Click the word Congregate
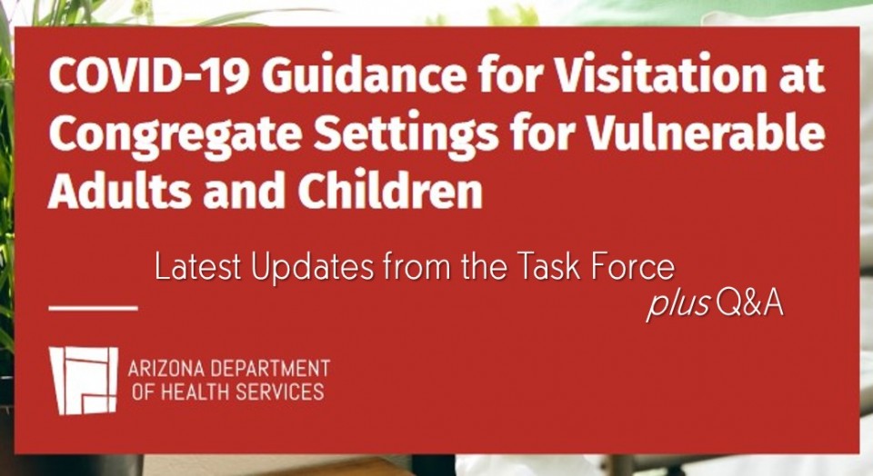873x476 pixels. (x=175, y=135)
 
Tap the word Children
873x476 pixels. (x=390, y=190)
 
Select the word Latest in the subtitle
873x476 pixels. (x=197, y=267)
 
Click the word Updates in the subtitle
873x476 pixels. (x=312, y=269)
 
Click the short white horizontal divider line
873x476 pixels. (x=93, y=308)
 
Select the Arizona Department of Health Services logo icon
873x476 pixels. (x=84, y=381)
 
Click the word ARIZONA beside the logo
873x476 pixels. (x=166, y=369)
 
